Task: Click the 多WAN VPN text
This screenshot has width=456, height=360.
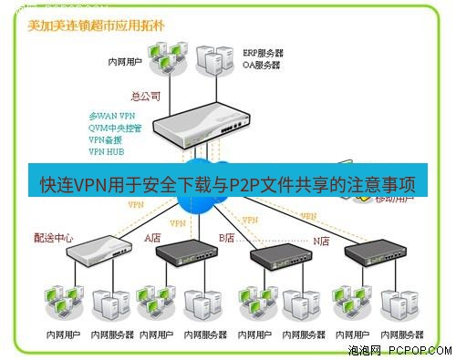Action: [x=111, y=117]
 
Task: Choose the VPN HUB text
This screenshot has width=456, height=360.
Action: [x=107, y=152]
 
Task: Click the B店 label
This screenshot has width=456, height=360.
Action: [x=226, y=237]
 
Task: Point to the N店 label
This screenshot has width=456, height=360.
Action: [x=321, y=241]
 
